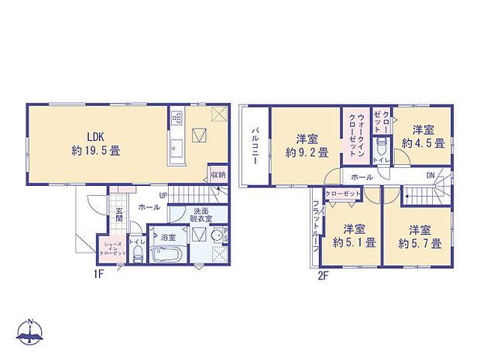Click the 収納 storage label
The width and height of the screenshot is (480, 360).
(218, 175)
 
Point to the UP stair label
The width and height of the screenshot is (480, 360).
(163, 195)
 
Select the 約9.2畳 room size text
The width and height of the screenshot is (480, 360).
(307, 153)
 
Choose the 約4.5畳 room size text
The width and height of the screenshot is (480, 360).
(423, 143)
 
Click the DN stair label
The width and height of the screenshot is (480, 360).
(431, 177)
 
